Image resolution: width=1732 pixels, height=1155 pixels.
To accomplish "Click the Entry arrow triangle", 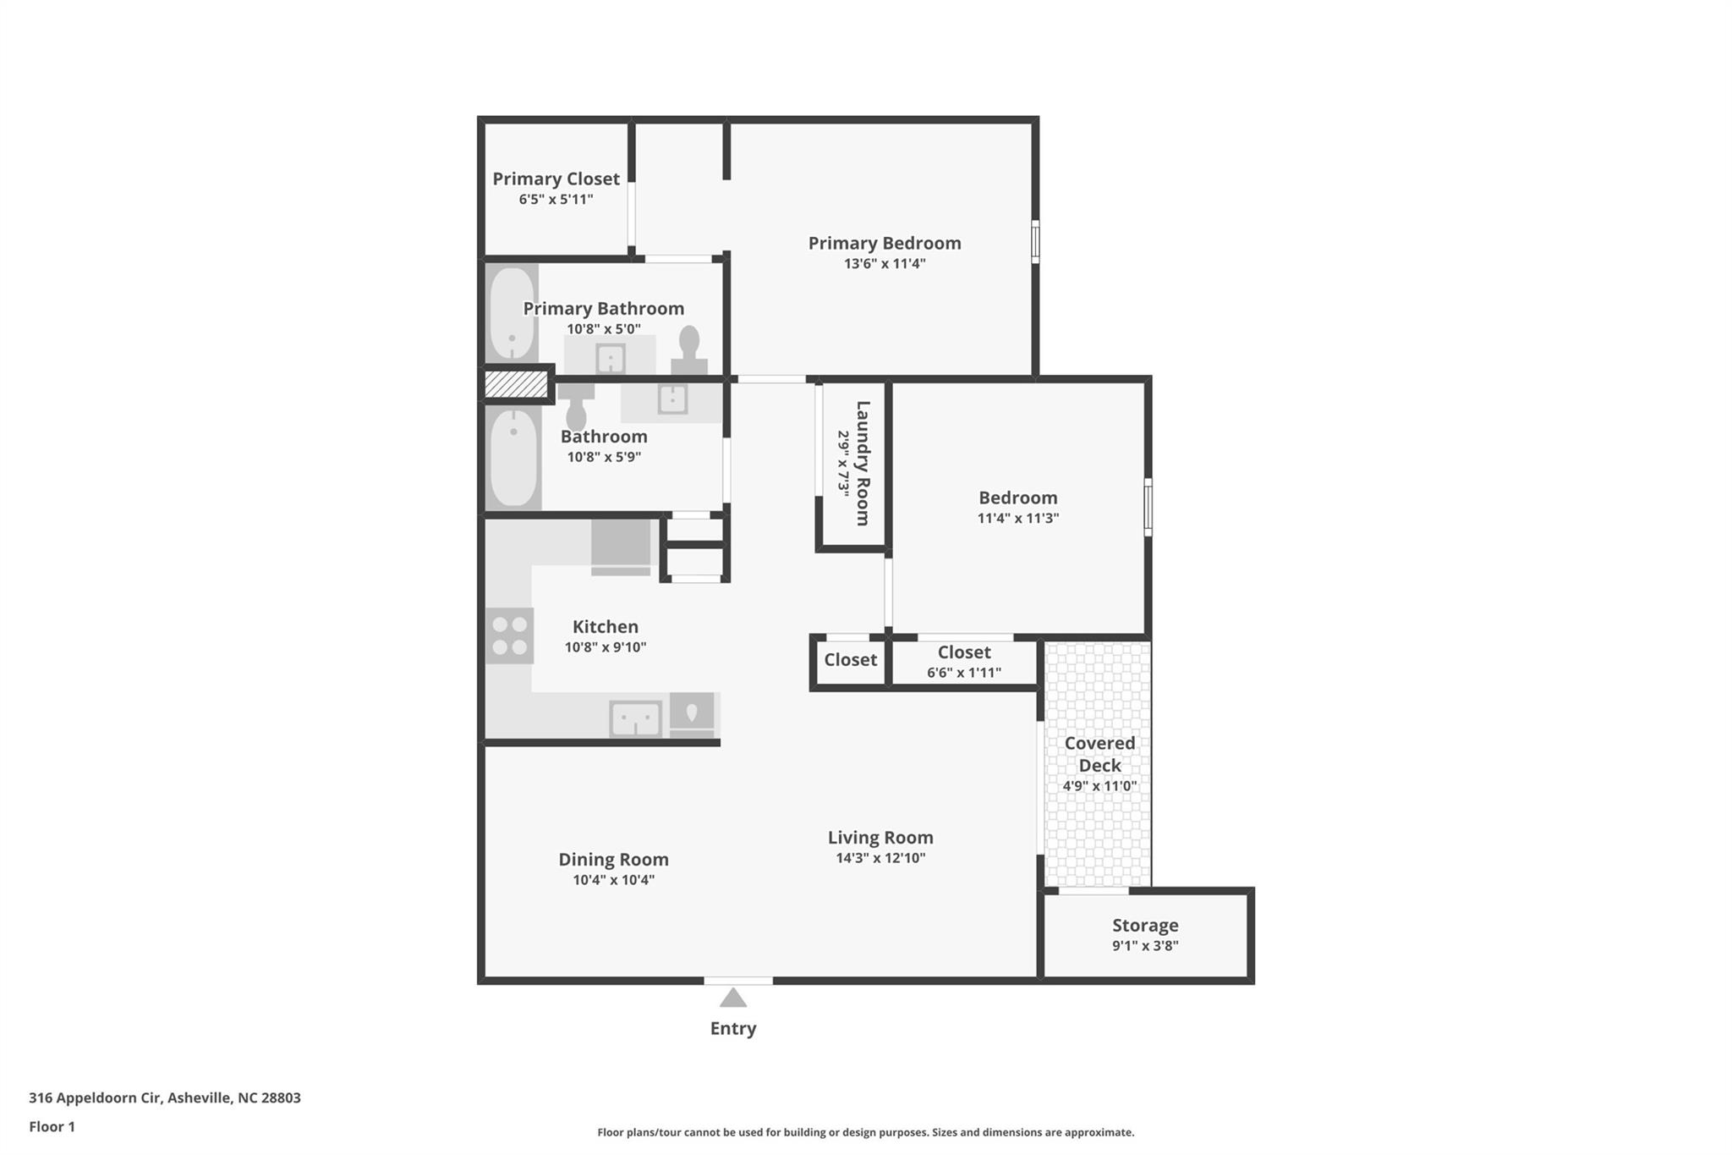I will point(733,998).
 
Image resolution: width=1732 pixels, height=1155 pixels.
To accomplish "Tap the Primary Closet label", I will point(556,179).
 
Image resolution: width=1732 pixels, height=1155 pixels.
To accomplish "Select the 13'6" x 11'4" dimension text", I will point(884,263).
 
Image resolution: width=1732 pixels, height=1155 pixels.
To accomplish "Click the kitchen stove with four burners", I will point(509,635).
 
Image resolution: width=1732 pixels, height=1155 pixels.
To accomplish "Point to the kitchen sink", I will point(635,719).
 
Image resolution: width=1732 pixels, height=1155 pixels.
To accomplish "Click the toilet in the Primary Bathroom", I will point(689,349).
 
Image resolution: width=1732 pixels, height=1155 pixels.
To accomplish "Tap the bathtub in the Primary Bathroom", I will point(512,314).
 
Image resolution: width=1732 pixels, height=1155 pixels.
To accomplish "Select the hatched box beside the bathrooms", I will point(516,385).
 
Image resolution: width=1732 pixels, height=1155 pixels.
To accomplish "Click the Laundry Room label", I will point(863,463).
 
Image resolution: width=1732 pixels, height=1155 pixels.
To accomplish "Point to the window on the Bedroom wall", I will point(1148,507).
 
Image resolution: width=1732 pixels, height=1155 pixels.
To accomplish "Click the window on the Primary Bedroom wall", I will point(1035,242).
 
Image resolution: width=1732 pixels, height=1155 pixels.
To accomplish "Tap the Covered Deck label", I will point(1099,754).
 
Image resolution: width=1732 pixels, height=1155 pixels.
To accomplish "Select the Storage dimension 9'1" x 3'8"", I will point(1144,946).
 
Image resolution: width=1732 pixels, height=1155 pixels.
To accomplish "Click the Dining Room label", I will point(613,860).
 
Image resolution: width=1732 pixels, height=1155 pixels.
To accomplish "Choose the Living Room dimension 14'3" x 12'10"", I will point(880,858).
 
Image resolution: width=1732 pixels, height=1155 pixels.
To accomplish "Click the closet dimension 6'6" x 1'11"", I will point(963,673).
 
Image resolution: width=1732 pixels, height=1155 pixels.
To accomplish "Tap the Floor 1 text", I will point(52,1126).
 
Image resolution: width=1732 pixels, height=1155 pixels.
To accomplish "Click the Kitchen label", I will point(605,627).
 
